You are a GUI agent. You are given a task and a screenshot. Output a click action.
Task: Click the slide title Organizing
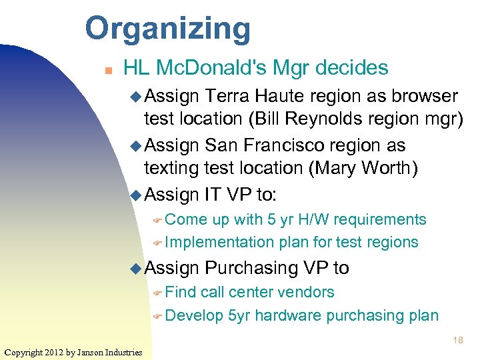pos(167,29)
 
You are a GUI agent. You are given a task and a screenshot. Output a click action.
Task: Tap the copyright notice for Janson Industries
pos(73,352)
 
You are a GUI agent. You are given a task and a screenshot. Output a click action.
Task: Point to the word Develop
pos(193,315)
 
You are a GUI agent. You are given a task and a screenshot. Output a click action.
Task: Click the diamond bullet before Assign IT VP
pos(135,195)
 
